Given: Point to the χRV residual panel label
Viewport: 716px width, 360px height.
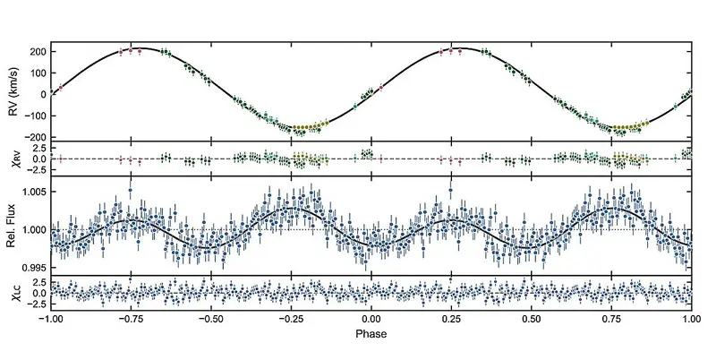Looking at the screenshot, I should (12, 158).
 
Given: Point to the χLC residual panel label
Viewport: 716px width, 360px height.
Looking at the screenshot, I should (12, 294).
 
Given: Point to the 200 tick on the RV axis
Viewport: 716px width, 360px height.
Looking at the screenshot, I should (37, 51).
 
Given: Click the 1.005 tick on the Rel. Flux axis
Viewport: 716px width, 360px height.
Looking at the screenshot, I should (33, 193).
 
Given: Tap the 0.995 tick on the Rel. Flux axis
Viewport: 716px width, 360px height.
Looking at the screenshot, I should (33, 267).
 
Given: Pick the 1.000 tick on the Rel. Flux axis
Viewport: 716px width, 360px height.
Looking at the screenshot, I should (33, 229).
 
